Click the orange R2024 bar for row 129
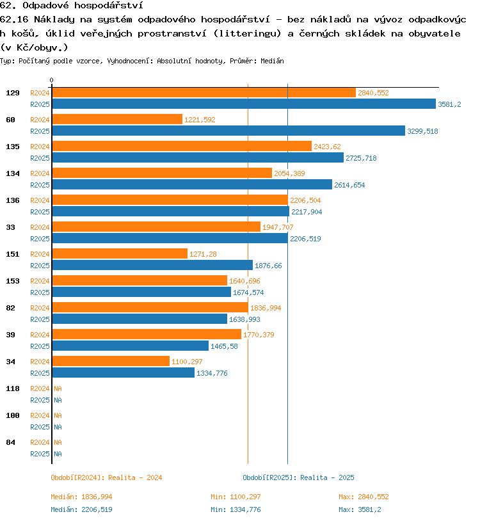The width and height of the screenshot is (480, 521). [x=204, y=93]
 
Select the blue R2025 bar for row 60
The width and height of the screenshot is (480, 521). [x=228, y=131]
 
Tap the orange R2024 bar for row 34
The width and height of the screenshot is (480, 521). [x=111, y=362]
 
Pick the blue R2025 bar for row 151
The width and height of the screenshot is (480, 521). [x=152, y=265]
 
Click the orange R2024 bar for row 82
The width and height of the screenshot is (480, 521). [x=150, y=308]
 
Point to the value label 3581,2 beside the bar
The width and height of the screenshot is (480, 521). [x=450, y=104]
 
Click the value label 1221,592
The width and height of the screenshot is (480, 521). [x=200, y=120]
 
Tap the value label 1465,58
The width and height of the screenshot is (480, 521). [x=224, y=346]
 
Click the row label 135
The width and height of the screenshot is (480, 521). [x=13, y=147]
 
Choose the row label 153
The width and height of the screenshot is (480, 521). [x=13, y=281]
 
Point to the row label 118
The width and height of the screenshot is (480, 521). [x=13, y=389]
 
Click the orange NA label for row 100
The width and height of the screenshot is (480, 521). [x=58, y=415]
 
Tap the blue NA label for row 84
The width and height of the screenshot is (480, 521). [x=58, y=454]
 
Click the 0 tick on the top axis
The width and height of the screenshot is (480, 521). [x=52, y=80]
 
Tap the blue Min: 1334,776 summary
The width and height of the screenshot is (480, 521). [x=236, y=509]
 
